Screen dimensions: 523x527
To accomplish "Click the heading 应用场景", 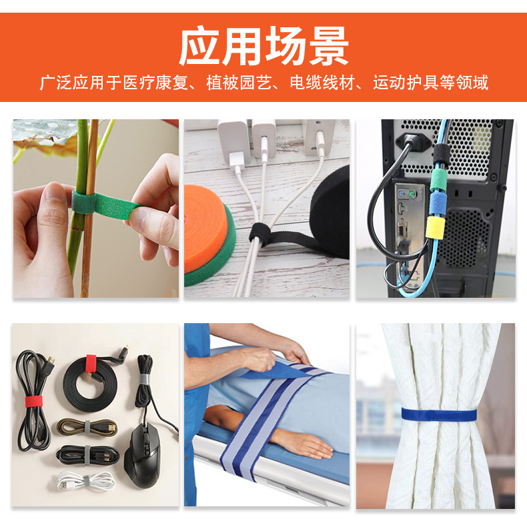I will coord(263,45).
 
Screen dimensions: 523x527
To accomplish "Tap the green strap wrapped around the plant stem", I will coord(93,203).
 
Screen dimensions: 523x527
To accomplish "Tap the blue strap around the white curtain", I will coord(438,414).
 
